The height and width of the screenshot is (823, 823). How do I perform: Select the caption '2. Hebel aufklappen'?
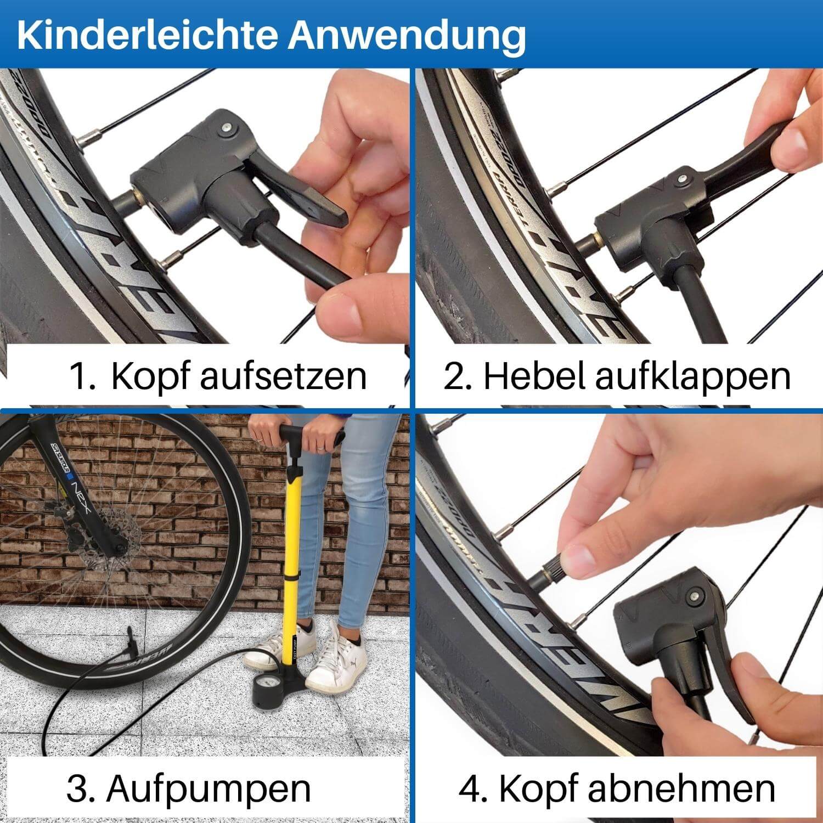point(617,376)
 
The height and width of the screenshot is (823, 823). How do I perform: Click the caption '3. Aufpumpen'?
point(189,788)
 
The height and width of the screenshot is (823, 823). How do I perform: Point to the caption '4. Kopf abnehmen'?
point(617,788)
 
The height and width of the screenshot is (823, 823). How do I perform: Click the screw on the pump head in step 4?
point(696,595)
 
